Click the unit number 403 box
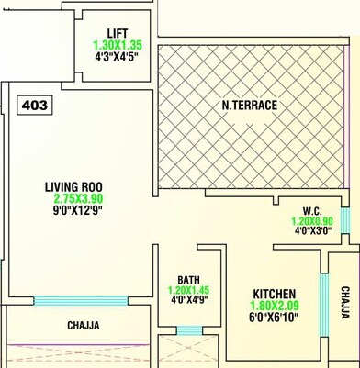[33, 104]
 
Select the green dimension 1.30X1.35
[118, 44]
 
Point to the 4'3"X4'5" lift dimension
[118, 57]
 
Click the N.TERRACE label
[249, 106]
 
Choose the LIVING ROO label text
[73, 188]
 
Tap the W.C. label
[311, 209]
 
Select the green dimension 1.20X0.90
[311, 221]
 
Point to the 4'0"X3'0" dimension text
[311, 233]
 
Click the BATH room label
[189, 280]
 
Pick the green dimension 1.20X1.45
[189, 291]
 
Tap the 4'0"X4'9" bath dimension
[189, 302]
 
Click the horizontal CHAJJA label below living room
[84, 326]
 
